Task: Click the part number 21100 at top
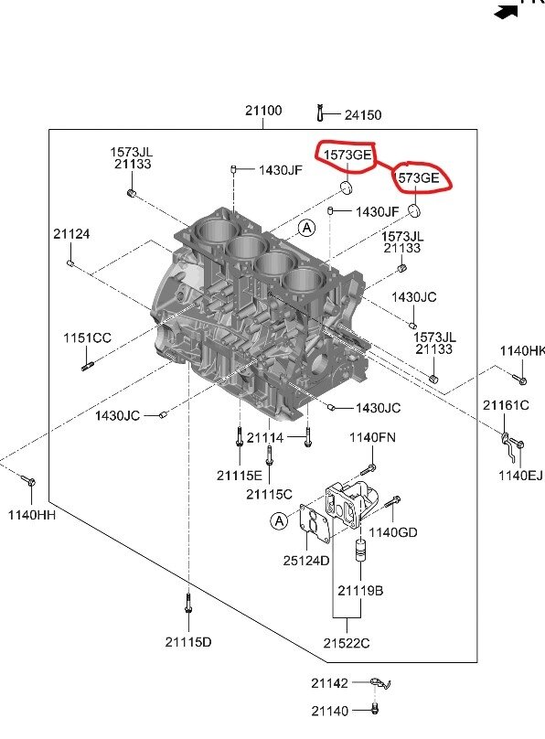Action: (263, 111)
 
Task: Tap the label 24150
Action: (363, 115)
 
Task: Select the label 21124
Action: (71, 234)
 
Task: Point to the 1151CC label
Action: (87, 338)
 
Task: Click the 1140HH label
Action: (32, 514)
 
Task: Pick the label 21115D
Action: (187, 642)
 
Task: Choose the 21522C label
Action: (347, 643)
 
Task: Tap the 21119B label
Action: (360, 591)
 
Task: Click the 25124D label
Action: (307, 560)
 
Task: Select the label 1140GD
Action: (394, 532)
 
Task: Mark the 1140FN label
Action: (372, 438)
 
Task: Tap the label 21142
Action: (329, 683)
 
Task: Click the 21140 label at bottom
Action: (329, 710)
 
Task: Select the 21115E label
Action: (240, 475)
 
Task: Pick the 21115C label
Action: (269, 494)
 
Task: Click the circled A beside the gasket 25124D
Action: (278, 520)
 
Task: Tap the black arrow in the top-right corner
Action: (505, 13)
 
